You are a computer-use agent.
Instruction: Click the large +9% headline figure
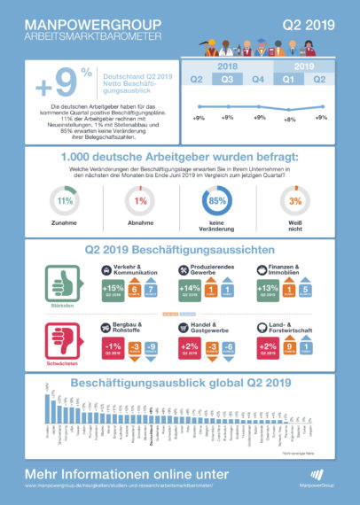coord(55,86)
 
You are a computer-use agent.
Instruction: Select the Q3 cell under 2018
coord(228,79)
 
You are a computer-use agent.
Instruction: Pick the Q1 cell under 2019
coord(290,79)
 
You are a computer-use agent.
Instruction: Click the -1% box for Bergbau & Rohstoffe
coord(113,345)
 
